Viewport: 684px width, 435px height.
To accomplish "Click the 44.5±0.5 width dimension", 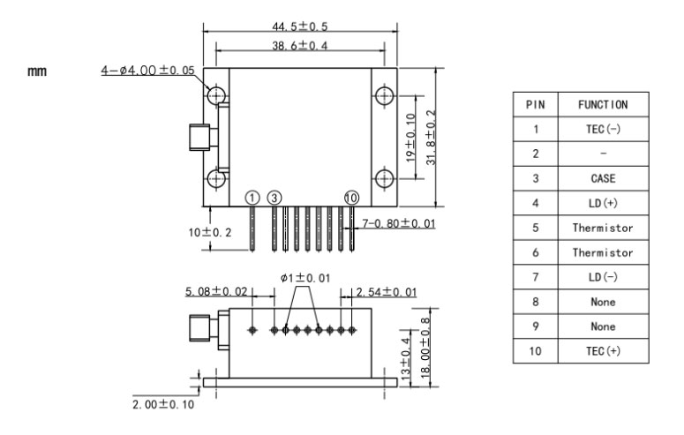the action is coord(300,26).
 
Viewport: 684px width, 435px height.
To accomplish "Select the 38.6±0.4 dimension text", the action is coord(300,45).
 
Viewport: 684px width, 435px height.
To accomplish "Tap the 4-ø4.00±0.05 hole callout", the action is coord(148,71).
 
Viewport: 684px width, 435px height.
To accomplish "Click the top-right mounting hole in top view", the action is coord(384,96).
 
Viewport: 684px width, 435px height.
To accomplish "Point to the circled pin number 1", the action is coord(252,198).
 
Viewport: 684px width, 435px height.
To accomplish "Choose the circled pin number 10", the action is coord(351,198).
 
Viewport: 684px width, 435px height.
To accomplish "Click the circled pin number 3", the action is coord(274,198).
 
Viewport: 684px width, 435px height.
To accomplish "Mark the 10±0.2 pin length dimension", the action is coord(210,233).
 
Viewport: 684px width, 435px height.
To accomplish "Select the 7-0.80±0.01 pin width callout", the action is coord(399,223).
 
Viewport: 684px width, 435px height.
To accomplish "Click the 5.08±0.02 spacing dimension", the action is coord(216,291).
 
